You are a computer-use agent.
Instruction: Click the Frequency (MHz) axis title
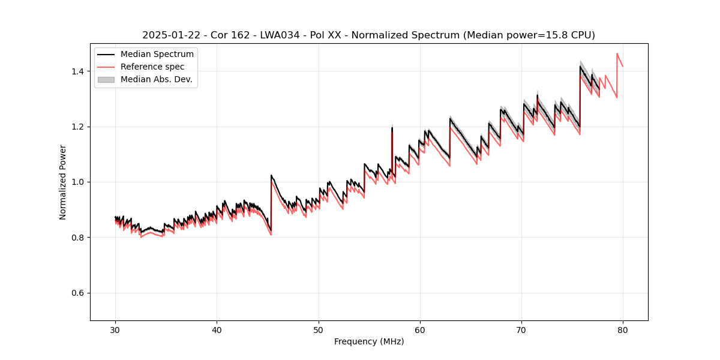click(369, 341)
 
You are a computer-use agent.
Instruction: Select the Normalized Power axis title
click(63, 182)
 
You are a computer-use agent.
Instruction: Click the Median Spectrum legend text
click(157, 55)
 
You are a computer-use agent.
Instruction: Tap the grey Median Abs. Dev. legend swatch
click(106, 79)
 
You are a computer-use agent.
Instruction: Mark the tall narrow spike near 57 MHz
click(392, 129)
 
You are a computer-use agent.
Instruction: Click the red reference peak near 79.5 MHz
click(617, 54)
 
